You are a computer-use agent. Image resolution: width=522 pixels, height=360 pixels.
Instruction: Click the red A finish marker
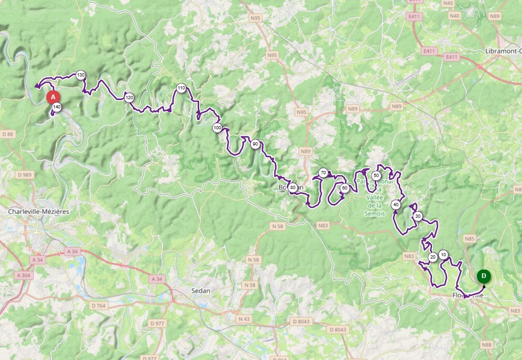tap(53, 97)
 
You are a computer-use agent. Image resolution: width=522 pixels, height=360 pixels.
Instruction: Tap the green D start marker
tap(484, 276)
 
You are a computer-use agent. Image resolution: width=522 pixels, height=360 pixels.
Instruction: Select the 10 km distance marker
tap(443, 254)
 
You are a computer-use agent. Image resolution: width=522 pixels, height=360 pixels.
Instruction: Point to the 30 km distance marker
tap(418, 216)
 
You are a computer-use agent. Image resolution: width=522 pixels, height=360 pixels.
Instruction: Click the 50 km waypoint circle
tap(376, 176)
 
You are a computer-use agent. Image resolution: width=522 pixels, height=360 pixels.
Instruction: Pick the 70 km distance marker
tap(323, 173)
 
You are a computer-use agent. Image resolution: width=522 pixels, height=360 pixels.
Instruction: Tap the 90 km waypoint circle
tap(255, 145)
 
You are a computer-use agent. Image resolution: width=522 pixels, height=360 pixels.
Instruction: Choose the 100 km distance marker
tap(217, 127)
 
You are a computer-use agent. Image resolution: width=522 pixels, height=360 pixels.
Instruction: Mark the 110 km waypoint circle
tap(181, 88)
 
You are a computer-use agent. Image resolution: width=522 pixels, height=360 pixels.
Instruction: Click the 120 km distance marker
tap(129, 97)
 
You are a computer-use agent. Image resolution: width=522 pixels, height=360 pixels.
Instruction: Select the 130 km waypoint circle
tap(81, 75)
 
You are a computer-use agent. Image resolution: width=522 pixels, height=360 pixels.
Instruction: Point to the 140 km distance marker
tap(57, 107)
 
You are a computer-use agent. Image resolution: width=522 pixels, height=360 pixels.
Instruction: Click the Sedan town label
tap(201, 291)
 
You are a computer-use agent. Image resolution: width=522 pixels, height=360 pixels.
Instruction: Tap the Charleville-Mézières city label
tap(38, 211)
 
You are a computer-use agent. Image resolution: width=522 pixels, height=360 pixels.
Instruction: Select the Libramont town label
tap(503, 51)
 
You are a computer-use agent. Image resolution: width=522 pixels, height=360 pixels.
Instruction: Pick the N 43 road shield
tap(244, 319)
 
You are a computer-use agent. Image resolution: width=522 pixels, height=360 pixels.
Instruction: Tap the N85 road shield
tap(470, 239)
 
